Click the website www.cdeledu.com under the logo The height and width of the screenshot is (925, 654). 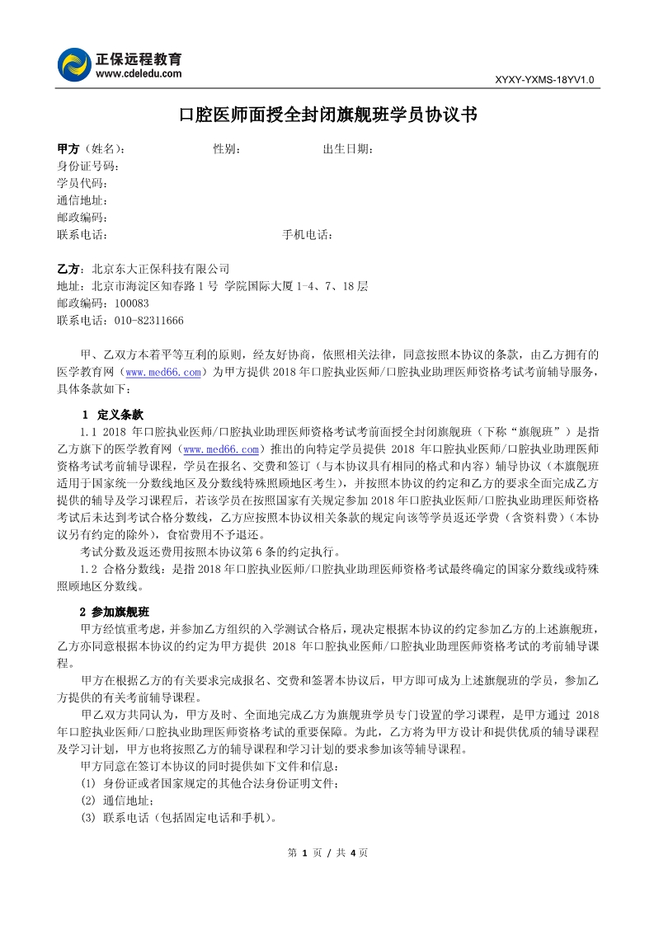139,73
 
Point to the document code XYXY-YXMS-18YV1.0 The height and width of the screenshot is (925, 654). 543,80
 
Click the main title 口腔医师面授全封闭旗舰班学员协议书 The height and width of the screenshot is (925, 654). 327,115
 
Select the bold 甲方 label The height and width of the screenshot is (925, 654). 68,149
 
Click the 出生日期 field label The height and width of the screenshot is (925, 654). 347,149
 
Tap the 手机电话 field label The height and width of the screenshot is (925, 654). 307,235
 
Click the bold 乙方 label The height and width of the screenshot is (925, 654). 68,269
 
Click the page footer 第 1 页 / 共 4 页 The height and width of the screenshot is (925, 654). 327,852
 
